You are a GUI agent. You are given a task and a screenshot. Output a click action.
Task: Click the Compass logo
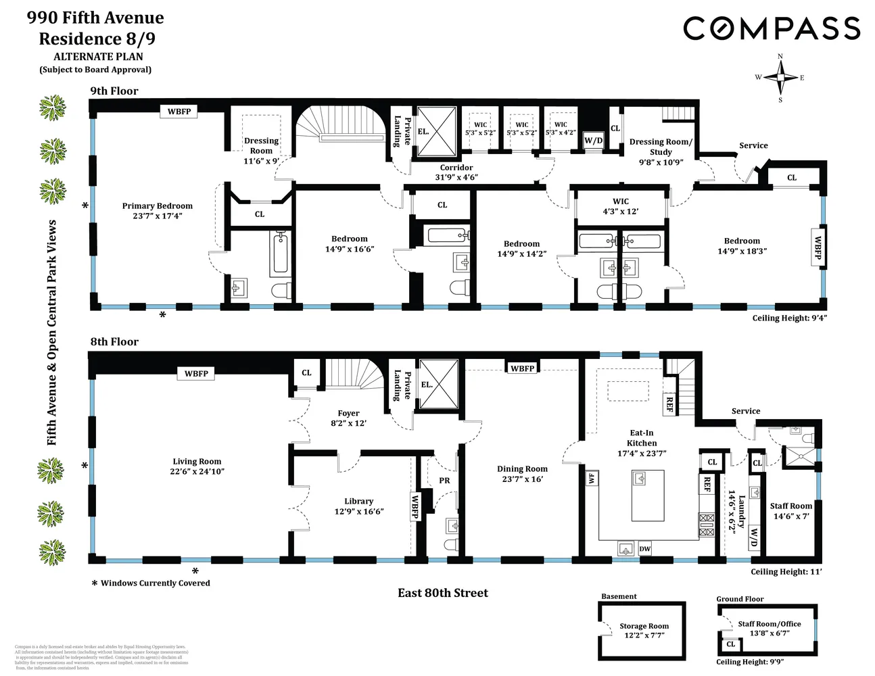pos(772,28)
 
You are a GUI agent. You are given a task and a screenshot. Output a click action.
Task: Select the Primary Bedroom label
pos(157,210)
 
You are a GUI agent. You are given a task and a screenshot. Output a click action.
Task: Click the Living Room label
pos(197,466)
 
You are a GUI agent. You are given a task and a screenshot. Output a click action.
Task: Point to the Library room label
pos(358,506)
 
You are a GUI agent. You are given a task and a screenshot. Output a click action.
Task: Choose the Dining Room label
pos(522,474)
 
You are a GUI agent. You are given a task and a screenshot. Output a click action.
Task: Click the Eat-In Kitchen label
pos(642,443)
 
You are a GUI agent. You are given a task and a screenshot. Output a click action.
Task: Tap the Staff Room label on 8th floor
pos(790,510)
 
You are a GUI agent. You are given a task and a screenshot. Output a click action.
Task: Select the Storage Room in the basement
pos(644,630)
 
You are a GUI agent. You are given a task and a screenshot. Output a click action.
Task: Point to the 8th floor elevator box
pos(439,385)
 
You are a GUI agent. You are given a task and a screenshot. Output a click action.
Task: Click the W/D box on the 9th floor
pos(593,141)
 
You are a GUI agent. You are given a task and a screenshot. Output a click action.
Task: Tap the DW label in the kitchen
pos(644,549)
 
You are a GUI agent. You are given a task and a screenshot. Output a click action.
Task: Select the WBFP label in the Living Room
pos(196,373)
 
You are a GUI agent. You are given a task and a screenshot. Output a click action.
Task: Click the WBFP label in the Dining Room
pos(522,368)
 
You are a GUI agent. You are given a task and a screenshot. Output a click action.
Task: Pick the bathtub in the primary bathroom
pos(280,253)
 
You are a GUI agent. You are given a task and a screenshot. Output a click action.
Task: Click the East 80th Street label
pos(442,593)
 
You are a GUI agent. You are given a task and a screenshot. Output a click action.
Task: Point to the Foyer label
pos(348,418)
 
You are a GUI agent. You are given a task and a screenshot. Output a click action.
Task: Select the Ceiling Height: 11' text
pos(786,572)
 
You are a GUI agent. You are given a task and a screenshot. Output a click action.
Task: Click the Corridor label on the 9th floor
pos(456,172)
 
